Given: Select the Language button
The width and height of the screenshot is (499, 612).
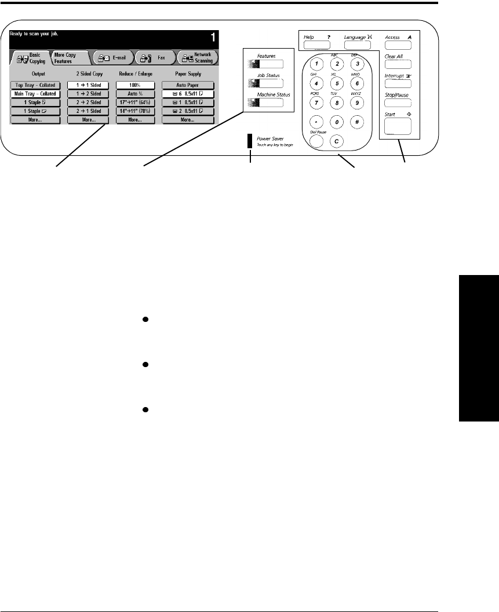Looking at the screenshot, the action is coord(353,45).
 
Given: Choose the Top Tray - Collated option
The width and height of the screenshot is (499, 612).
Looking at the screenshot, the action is coord(35,85).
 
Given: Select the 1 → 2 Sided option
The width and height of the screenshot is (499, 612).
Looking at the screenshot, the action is coord(84,93).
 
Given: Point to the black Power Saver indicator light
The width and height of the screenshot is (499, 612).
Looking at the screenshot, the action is coord(250,141).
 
